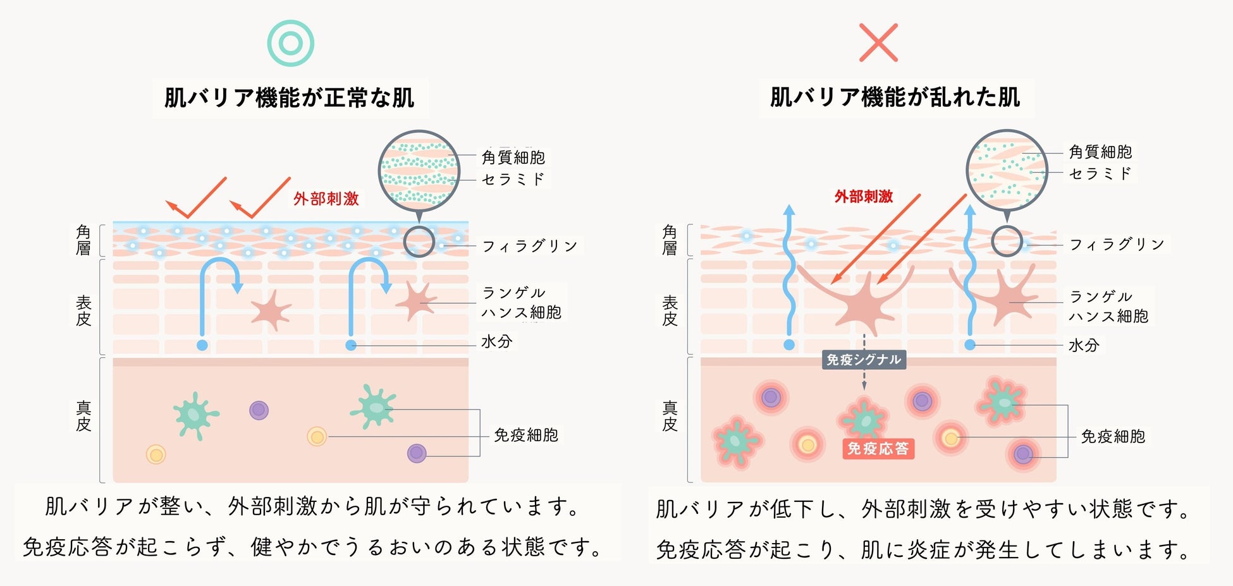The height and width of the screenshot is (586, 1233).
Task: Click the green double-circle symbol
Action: click(x=290, y=43)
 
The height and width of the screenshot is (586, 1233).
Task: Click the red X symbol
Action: click(x=878, y=43)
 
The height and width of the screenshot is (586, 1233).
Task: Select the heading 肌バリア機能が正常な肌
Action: click(x=290, y=98)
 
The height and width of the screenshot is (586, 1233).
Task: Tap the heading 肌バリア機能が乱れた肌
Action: click(x=895, y=97)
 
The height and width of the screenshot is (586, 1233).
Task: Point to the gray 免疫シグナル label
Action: click(x=864, y=360)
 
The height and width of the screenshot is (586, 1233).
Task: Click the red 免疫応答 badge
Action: click(x=878, y=449)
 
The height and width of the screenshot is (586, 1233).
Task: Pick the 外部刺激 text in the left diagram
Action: click(x=326, y=198)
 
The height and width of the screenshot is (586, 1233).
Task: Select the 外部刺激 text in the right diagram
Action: click(x=864, y=197)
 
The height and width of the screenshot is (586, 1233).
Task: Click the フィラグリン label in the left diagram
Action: click(x=530, y=246)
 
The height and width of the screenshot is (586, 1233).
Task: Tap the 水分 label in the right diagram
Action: click(x=1084, y=345)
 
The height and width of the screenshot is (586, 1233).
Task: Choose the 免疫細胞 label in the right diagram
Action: click(x=1113, y=436)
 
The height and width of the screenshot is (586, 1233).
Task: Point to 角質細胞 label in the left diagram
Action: click(x=513, y=157)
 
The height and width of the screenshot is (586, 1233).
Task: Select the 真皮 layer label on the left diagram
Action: click(x=83, y=415)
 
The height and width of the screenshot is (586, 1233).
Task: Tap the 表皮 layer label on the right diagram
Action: click(x=670, y=311)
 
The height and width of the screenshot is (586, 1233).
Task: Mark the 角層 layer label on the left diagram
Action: click(x=83, y=240)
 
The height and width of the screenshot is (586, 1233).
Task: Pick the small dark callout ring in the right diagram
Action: click(x=1007, y=241)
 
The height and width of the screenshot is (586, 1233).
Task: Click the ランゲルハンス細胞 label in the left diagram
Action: click(x=521, y=303)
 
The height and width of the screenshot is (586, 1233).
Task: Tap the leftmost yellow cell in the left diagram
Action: click(x=156, y=454)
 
